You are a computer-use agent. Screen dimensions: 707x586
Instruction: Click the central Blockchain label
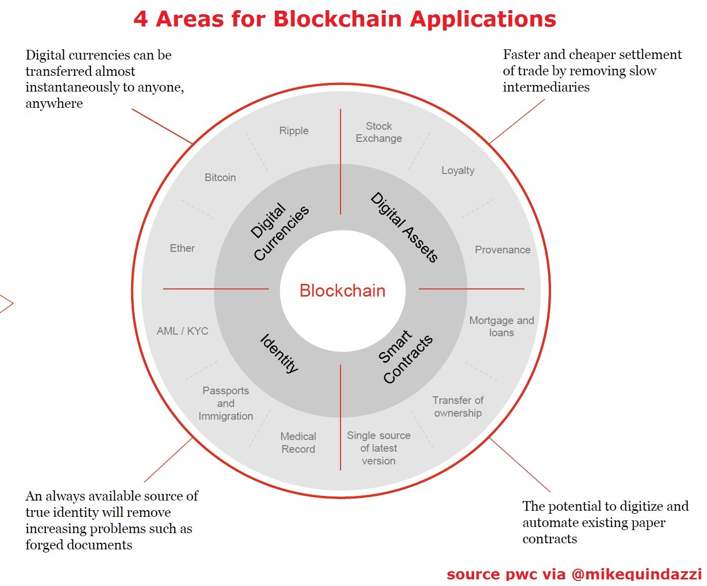343,290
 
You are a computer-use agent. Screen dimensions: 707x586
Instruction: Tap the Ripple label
294,131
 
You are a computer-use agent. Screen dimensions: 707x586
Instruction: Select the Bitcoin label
220,177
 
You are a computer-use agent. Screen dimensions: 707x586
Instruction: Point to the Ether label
182,248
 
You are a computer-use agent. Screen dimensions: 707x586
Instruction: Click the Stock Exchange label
379,132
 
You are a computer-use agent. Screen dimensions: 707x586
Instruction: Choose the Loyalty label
458,170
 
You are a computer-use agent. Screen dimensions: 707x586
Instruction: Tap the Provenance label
503,250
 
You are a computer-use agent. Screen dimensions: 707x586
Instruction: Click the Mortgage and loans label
502,327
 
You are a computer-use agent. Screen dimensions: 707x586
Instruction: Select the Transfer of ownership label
458,407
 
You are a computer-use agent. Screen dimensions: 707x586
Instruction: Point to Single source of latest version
379,448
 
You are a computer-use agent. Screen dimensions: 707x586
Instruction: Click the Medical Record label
298,443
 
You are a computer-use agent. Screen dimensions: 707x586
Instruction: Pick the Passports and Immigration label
226,403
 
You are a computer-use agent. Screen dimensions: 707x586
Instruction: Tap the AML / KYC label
182,331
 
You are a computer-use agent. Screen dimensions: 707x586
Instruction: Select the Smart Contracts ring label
405,357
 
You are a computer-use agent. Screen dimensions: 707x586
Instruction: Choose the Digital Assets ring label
404,227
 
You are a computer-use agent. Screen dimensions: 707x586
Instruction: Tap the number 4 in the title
140,19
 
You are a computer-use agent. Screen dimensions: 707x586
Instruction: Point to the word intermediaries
546,87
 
